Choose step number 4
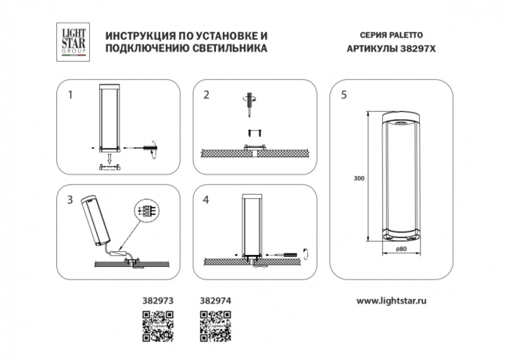206,200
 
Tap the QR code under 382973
156,325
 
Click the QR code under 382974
216,325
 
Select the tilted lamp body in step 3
93,220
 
